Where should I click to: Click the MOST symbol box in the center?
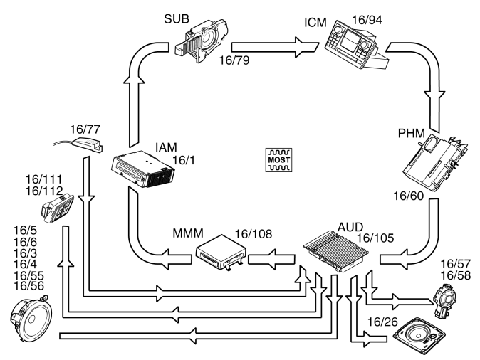(x=278, y=160)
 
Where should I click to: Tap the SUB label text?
(x=177, y=19)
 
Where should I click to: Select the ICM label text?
(x=315, y=23)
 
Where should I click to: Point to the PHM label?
(x=412, y=133)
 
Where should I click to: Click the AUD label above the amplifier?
(x=350, y=227)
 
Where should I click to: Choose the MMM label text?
(x=188, y=233)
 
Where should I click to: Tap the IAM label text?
(x=166, y=147)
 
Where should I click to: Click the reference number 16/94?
(x=367, y=20)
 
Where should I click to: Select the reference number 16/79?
(x=234, y=60)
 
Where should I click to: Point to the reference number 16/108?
(x=253, y=234)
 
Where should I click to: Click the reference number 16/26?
(x=382, y=322)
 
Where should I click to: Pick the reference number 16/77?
(x=85, y=129)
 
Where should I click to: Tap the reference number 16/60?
(x=408, y=196)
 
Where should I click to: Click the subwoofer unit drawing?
(x=202, y=41)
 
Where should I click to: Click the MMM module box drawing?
(x=221, y=253)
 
